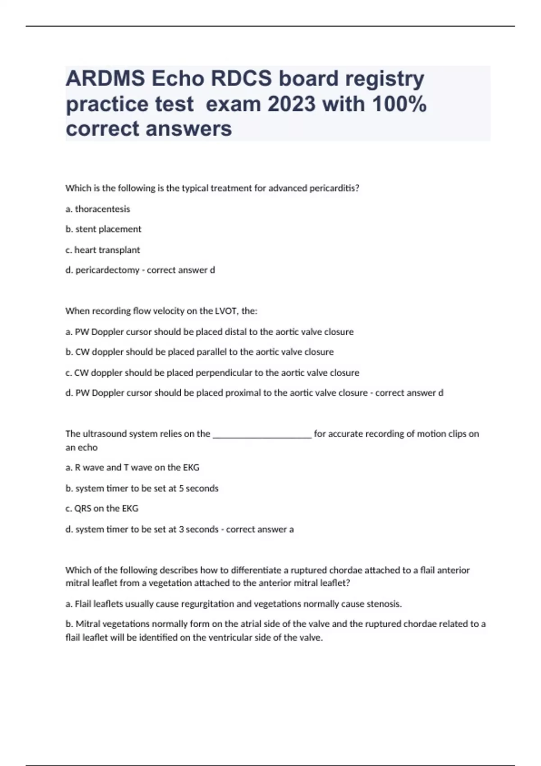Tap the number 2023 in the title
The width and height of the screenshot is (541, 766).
tap(291, 104)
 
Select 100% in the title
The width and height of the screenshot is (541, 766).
tap(399, 104)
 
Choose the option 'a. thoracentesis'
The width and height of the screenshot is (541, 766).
tap(98, 209)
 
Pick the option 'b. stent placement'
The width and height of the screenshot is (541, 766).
tap(103, 229)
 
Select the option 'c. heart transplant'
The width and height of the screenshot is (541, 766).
tap(103, 250)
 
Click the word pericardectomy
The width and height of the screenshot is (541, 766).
tap(107, 270)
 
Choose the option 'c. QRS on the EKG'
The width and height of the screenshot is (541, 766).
tap(102, 509)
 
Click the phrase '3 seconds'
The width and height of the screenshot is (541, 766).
tap(198, 529)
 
